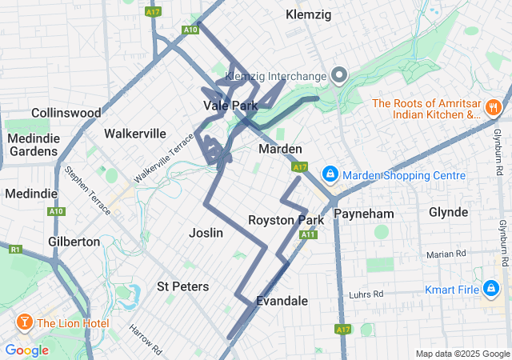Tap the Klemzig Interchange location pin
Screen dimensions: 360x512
[x=338, y=76]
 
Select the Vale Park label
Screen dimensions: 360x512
[x=230, y=106]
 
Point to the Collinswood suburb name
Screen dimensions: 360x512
[x=66, y=113]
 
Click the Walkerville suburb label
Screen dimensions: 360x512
[x=135, y=133]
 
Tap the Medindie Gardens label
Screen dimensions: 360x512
[x=33, y=144]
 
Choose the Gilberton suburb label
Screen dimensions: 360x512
[x=74, y=241]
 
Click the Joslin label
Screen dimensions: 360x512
[x=206, y=232]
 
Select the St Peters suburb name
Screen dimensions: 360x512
[x=182, y=286]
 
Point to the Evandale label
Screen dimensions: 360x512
[x=282, y=301]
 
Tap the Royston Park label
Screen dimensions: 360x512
[x=286, y=220]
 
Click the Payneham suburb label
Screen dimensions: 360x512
[x=363, y=214]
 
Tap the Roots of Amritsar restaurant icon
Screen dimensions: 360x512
[x=494, y=106]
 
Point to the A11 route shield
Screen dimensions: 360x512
[x=307, y=234]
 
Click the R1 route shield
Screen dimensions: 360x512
[x=14, y=250]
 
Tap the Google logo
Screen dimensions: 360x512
[x=26, y=350]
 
